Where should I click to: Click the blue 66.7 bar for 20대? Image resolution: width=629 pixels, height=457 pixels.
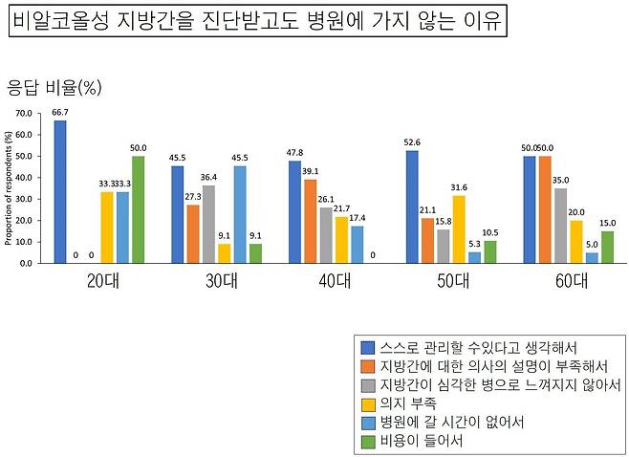pos(60,191)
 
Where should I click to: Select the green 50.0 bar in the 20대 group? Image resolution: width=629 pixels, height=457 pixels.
pos(138,209)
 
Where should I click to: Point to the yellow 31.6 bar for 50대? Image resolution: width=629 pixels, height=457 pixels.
pos(458,228)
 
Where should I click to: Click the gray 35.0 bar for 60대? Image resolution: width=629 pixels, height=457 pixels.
pos(559,225)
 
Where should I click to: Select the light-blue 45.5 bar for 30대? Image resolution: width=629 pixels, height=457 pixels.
pos(240,214)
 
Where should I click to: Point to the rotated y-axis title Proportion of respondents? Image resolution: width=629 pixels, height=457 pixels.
pos(9,188)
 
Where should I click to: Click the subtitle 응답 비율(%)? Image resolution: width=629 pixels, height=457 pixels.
pos(54,88)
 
